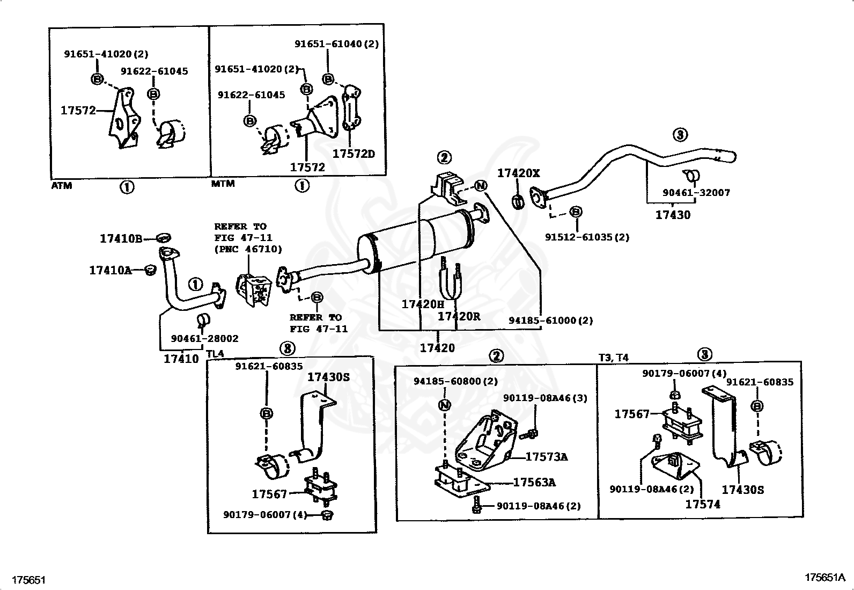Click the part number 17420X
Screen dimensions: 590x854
(x=518, y=173)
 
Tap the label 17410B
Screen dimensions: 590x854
(x=121, y=238)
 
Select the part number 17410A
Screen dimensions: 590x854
(x=110, y=271)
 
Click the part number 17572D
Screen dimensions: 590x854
(x=354, y=154)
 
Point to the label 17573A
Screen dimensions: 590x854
(x=546, y=457)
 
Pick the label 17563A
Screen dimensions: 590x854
(x=534, y=482)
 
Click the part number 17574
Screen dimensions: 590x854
(x=703, y=504)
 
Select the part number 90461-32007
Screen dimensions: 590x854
(x=696, y=192)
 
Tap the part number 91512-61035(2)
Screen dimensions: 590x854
(x=587, y=237)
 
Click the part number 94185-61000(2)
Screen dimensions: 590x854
(x=550, y=321)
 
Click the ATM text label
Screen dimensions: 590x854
(x=62, y=186)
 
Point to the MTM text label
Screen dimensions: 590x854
(x=223, y=184)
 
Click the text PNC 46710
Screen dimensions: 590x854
(x=248, y=249)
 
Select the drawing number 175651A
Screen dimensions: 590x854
(x=824, y=577)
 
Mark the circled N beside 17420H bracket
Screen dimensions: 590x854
(x=481, y=186)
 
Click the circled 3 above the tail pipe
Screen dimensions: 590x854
(x=680, y=134)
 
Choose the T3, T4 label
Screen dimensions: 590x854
(x=613, y=358)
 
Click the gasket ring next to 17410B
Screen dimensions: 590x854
(x=164, y=238)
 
